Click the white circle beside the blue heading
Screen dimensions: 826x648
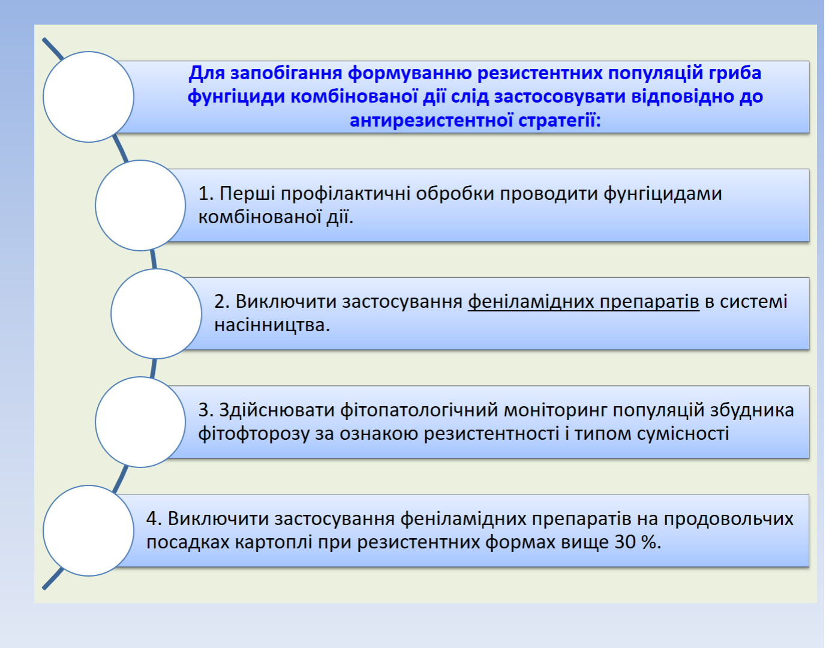click(x=89, y=97)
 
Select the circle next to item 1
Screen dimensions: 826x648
click(x=140, y=205)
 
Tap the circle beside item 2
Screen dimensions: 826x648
click(x=156, y=314)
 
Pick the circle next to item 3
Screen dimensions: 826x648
click(x=140, y=422)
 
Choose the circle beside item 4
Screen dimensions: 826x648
click(x=89, y=530)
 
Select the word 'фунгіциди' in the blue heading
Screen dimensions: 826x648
click(x=236, y=97)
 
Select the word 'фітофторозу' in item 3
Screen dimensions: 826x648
click(x=254, y=434)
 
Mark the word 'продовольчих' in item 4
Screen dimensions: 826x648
click(x=728, y=519)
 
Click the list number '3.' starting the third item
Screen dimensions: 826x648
click(x=206, y=410)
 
